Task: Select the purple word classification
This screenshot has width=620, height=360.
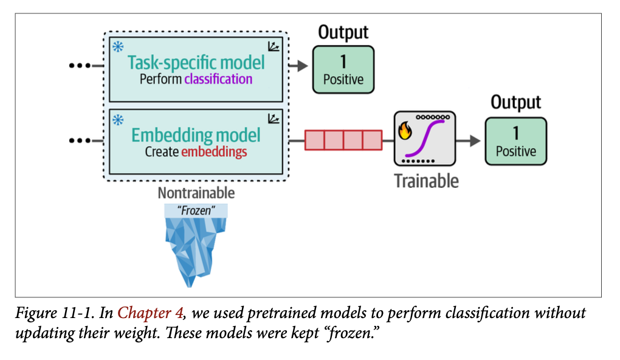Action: point(218,78)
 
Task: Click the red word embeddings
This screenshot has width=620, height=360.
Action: point(214,151)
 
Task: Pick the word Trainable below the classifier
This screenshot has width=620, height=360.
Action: point(426,181)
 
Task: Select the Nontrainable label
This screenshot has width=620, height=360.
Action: point(196,193)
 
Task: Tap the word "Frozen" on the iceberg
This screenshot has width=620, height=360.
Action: point(196,211)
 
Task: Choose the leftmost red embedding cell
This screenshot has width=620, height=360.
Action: point(314,140)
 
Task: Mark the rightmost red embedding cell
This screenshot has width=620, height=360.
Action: point(372,140)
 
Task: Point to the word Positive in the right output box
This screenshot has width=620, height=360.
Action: point(515,151)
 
